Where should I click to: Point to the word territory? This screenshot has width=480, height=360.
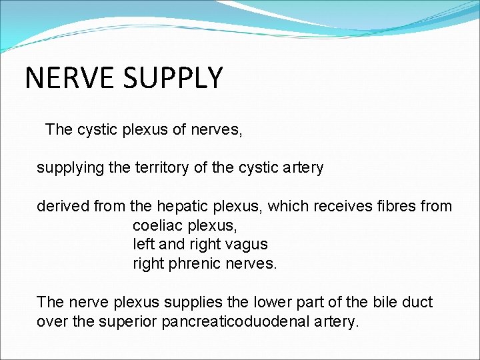pos(161,168)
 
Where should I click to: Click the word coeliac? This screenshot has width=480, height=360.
pos(158,226)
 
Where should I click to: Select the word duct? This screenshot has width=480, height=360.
pos(417,303)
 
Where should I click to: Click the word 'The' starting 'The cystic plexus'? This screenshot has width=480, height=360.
pos(58,129)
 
